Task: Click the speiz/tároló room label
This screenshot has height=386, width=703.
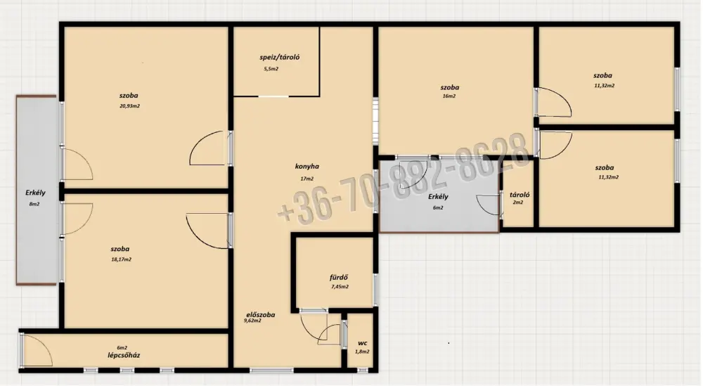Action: pyautogui.click(x=280, y=58)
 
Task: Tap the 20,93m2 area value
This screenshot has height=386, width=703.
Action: pyautogui.click(x=129, y=106)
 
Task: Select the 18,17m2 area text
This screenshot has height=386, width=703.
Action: pyautogui.click(x=121, y=259)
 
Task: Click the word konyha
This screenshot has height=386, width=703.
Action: pyautogui.click(x=307, y=167)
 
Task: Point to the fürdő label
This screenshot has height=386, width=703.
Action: pyautogui.click(x=339, y=278)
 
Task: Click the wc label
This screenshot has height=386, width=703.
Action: pyautogui.click(x=362, y=343)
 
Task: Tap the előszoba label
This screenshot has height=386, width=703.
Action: pyautogui.click(x=261, y=315)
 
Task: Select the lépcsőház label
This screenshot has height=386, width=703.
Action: pyautogui.click(x=124, y=356)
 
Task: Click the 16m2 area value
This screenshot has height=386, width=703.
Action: pyautogui.click(x=449, y=96)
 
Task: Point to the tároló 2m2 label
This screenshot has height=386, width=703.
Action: pyautogui.click(x=520, y=198)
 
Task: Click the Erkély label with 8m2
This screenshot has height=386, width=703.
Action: pyautogui.click(x=35, y=198)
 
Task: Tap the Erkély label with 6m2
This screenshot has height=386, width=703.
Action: pyautogui.click(x=438, y=201)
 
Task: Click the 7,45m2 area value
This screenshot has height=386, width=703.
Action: pyautogui.click(x=340, y=287)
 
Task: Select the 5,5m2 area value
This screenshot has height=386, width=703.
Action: pyautogui.click(x=271, y=69)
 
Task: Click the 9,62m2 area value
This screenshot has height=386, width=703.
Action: pyautogui.click(x=252, y=321)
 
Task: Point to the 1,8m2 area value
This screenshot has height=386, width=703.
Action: pyautogui.click(x=362, y=352)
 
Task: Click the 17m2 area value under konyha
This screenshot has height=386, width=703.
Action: pyautogui.click(x=307, y=179)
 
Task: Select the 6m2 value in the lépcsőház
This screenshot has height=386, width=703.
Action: pyautogui.click(x=122, y=348)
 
